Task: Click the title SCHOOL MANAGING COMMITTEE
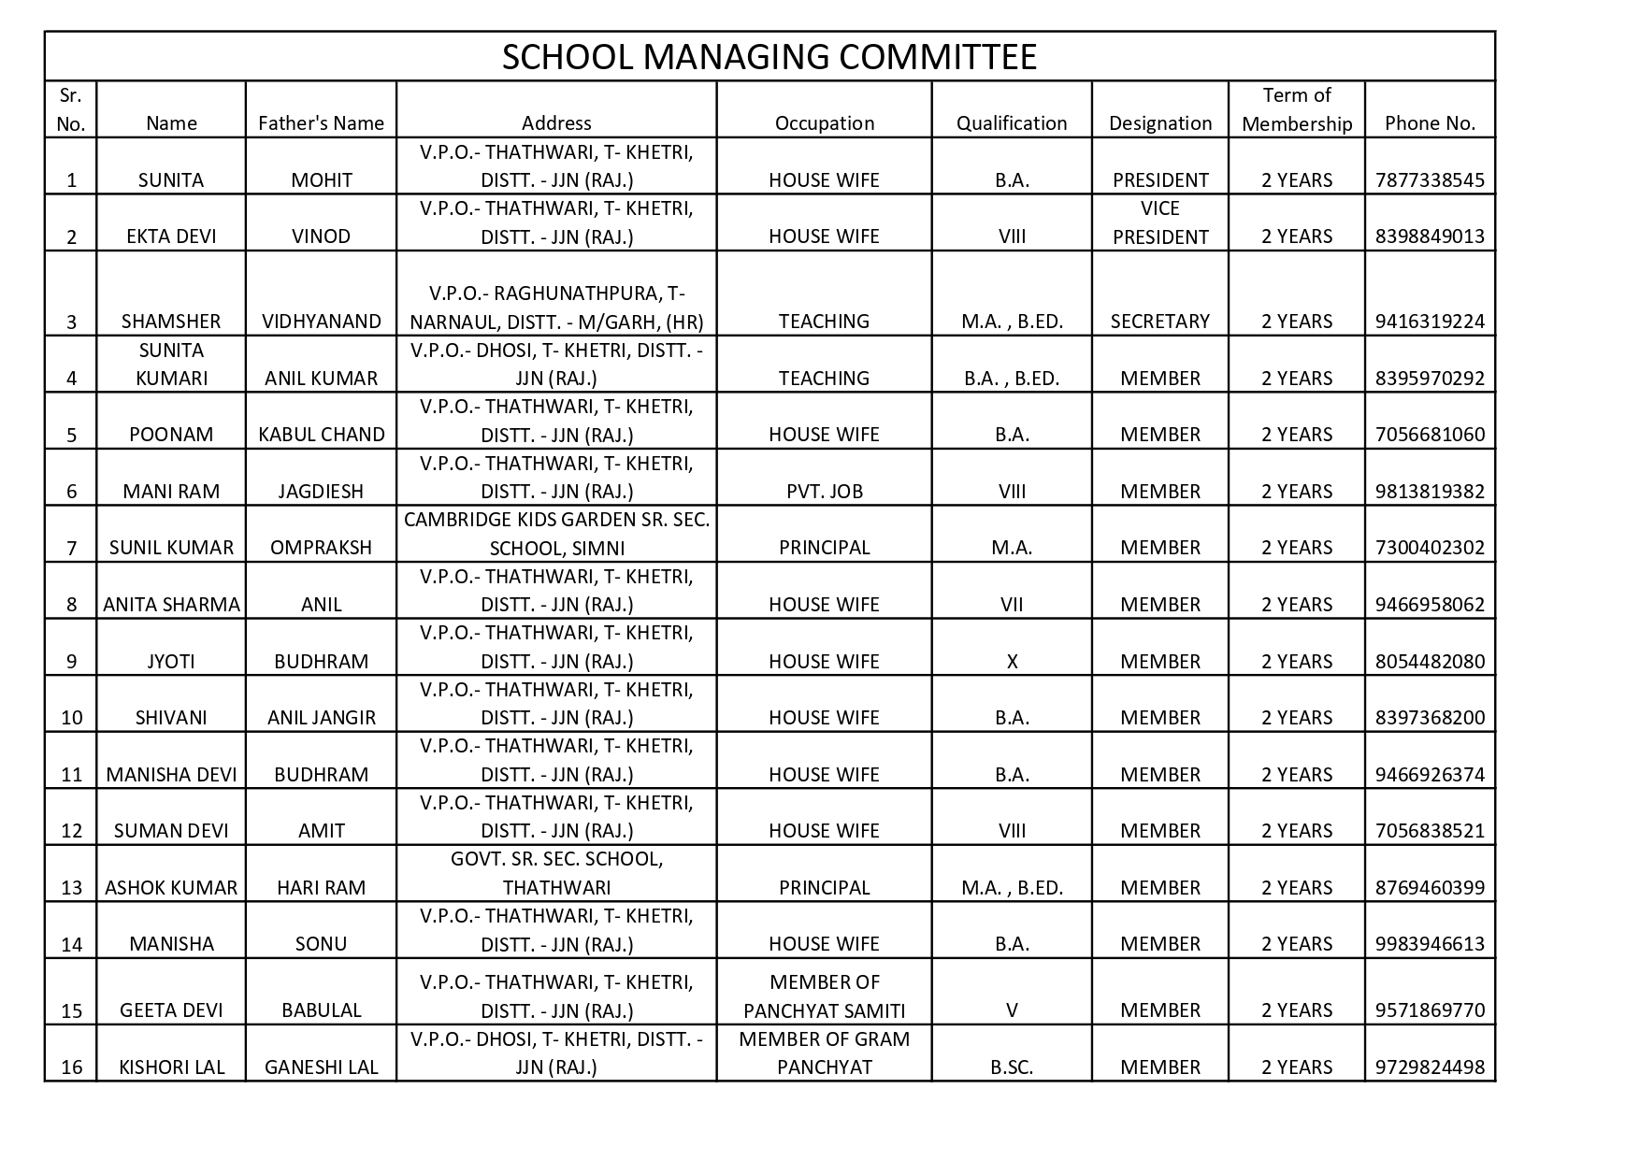tap(769, 57)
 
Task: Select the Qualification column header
tap(1011, 123)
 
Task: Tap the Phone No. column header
tap(1430, 123)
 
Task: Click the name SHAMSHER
tap(171, 322)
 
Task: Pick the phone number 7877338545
tap(1430, 180)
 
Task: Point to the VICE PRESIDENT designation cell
tap(1159, 222)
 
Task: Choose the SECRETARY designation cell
tap(1159, 322)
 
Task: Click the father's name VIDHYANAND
tap(321, 322)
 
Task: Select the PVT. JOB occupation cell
tap(824, 492)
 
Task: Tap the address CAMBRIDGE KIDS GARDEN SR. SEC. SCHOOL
tap(556, 534)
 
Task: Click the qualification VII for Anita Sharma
tap(1011, 605)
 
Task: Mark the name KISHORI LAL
tap(171, 1067)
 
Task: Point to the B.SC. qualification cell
tap(1011, 1067)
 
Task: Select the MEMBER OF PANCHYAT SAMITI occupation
tap(824, 996)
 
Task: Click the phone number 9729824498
tap(1430, 1067)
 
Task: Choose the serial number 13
tap(71, 888)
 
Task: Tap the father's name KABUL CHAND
tap(321, 435)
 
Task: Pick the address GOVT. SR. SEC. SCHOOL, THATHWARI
tap(556, 873)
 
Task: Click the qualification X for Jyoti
tap(1011, 662)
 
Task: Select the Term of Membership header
tap(1296, 109)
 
